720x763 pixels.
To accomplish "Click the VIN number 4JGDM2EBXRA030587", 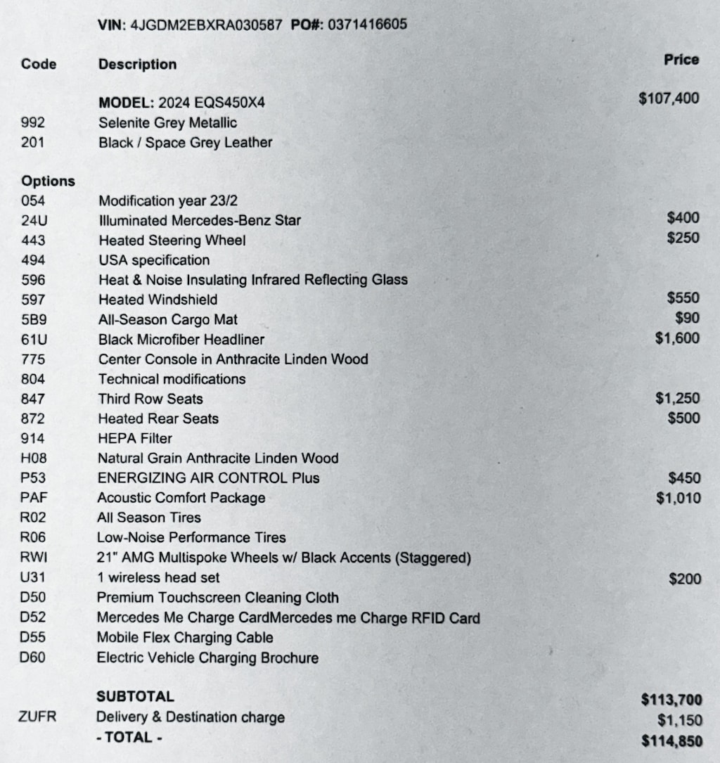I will (205, 25).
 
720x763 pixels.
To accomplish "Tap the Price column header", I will (681, 60).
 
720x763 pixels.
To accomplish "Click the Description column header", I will (137, 64).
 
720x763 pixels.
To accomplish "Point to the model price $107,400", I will (669, 98).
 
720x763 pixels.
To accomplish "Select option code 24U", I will (34, 220).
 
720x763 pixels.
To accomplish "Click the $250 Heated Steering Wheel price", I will (683, 238).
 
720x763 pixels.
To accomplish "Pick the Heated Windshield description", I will (157, 300).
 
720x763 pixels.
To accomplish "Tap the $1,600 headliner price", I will (677, 338).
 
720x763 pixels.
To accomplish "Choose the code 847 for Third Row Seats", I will (32, 399).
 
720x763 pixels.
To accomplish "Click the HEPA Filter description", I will (135, 438).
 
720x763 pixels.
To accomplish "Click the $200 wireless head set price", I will (684, 579).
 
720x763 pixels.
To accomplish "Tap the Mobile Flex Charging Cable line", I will (185, 638).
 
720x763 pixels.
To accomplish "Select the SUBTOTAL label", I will (135, 697).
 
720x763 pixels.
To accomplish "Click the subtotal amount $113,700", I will (671, 700).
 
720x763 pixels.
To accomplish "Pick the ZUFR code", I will (38, 717).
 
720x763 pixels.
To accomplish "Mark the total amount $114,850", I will (671, 740).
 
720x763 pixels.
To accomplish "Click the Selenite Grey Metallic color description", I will (167, 122).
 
